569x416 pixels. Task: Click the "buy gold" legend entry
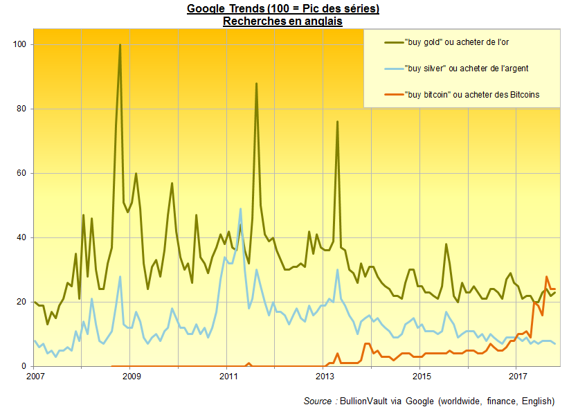point(446,42)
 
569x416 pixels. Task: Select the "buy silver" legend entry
point(456,69)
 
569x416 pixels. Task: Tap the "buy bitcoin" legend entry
point(462,95)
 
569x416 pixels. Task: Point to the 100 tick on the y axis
point(19,44)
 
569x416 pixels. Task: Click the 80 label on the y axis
point(21,109)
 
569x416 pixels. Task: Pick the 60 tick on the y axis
point(21,173)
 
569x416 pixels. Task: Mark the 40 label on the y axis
point(21,237)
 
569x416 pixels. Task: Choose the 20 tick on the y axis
point(21,302)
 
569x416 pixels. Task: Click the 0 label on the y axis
point(24,366)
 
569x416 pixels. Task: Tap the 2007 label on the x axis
point(35,376)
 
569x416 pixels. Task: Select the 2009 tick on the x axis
point(132,376)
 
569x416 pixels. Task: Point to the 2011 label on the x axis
point(228,376)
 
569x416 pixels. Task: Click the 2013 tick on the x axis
point(325,376)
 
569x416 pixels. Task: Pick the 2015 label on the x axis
point(422,376)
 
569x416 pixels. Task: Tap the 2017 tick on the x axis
point(518,376)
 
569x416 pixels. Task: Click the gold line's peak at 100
point(120,45)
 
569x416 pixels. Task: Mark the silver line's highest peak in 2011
point(240,209)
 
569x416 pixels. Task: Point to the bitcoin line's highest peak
point(546,277)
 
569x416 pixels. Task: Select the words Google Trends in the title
point(226,8)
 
